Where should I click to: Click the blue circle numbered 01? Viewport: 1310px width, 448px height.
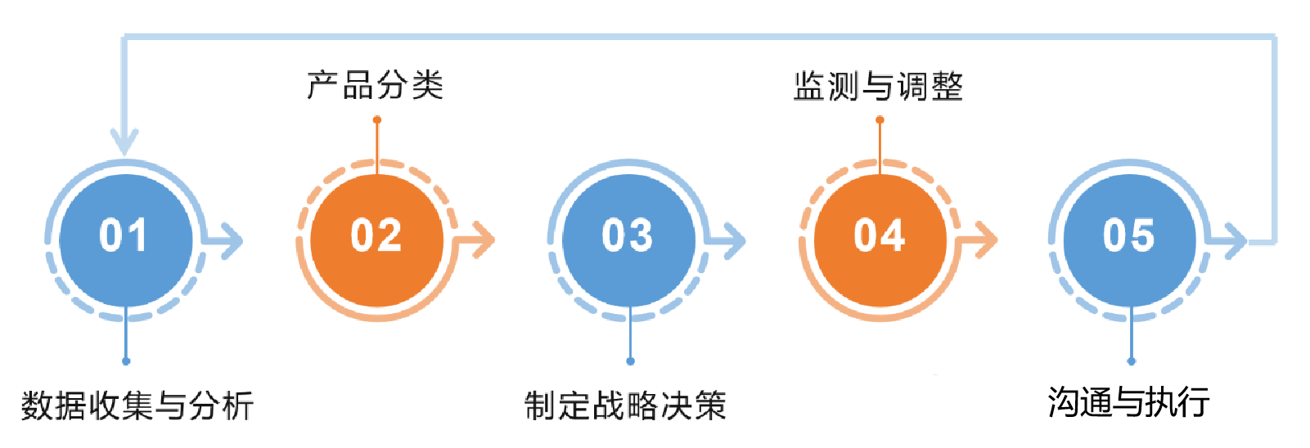[x=125, y=240]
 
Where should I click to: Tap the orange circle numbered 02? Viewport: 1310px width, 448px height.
[x=377, y=240]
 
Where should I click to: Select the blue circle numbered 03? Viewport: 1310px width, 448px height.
[x=628, y=240]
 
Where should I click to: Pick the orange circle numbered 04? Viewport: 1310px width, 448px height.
[x=880, y=240]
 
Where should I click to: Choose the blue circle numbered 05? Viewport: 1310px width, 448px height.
[x=1130, y=240]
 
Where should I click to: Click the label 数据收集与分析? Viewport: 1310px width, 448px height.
[x=137, y=405]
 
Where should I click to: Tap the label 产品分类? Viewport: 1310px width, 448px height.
[x=376, y=85]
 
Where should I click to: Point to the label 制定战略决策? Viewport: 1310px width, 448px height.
[x=625, y=405]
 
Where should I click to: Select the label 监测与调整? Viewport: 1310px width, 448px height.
[x=878, y=86]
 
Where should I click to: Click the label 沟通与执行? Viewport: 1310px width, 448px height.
[x=1129, y=402]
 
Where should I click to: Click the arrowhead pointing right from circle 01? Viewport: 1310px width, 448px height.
[x=232, y=240]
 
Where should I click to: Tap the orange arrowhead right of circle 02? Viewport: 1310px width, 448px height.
[x=484, y=240]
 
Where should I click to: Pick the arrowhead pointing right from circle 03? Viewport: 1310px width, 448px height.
[x=735, y=240]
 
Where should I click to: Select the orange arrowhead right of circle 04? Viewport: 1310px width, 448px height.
[x=987, y=240]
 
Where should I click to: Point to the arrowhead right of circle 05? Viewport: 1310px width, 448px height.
[x=1235, y=240]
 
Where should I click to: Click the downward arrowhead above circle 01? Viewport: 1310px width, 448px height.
[x=124, y=142]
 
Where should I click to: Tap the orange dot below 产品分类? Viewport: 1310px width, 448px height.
[x=377, y=120]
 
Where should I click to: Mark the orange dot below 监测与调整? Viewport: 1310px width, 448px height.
[x=880, y=120]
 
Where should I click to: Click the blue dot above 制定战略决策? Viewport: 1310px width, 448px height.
[x=630, y=361]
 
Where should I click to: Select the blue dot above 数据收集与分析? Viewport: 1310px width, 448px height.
[x=126, y=361]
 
